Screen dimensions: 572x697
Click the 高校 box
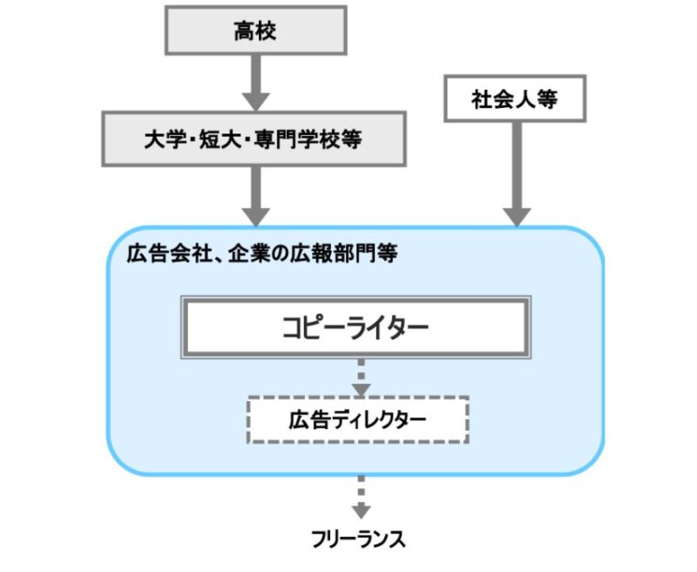254,31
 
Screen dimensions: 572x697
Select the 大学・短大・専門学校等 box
254,139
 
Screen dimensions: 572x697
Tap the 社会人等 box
514,99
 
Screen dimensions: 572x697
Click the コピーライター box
355,328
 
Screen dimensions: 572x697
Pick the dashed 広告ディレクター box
358,419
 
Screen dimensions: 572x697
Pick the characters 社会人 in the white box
505,99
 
